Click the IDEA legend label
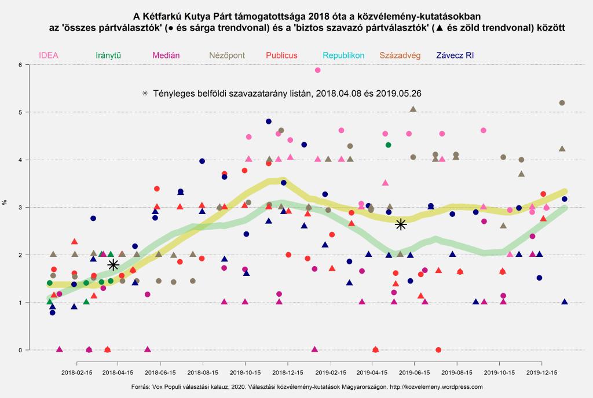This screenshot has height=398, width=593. [49, 56]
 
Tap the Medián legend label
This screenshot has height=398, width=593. [165, 56]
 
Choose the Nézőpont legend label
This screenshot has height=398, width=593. [228, 56]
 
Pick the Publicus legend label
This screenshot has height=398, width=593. [282, 56]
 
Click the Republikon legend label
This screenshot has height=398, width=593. [343, 56]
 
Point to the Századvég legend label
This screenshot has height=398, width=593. [400, 56]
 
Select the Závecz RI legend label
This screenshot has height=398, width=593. [455, 56]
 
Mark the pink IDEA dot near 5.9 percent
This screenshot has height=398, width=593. [317, 70]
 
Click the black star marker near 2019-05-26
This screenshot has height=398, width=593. [401, 224]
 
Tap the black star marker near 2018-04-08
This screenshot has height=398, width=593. [114, 264]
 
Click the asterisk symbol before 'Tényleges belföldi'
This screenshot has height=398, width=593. [145, 93]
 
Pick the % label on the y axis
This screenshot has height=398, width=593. [5, 202]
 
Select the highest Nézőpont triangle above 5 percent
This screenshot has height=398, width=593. [413, 109]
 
